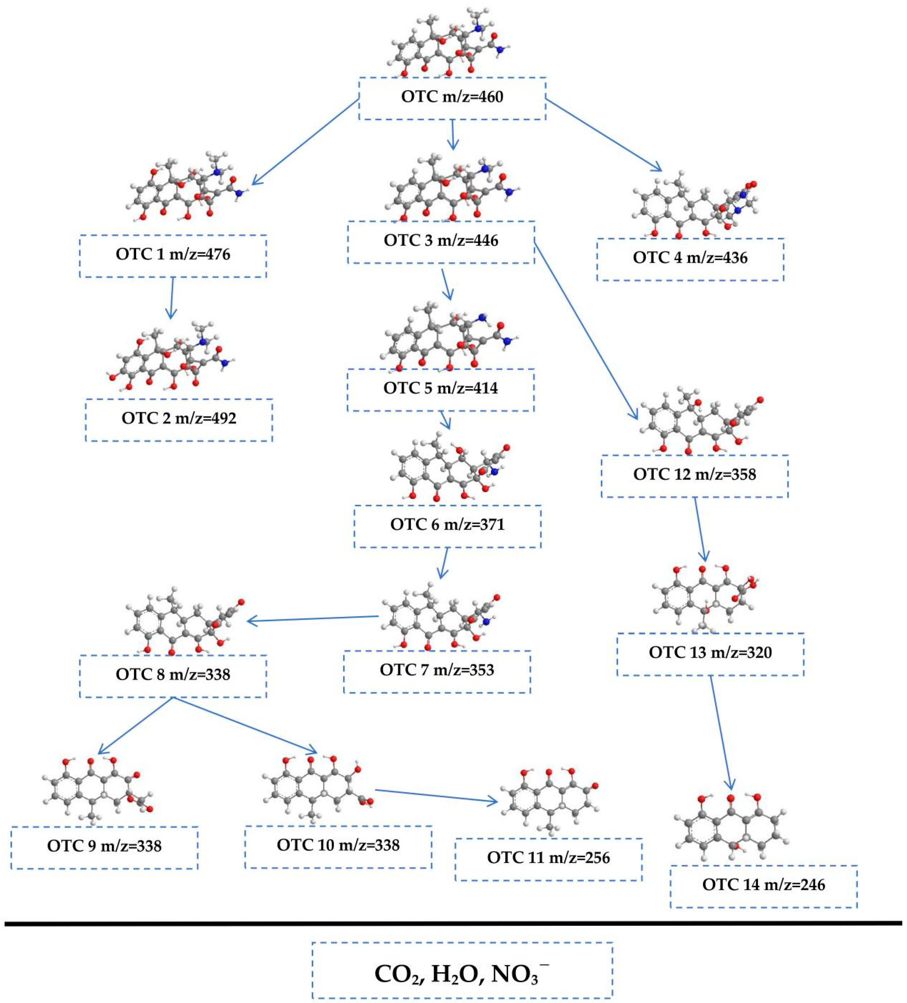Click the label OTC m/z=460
pyautogui.click(x=452, y=97)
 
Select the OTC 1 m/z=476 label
pyautogui.click(x=173, y=254)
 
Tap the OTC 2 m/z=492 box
pyautogui.click(x=179, y=418)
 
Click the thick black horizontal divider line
pyautogui.click(x=453, y=923)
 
